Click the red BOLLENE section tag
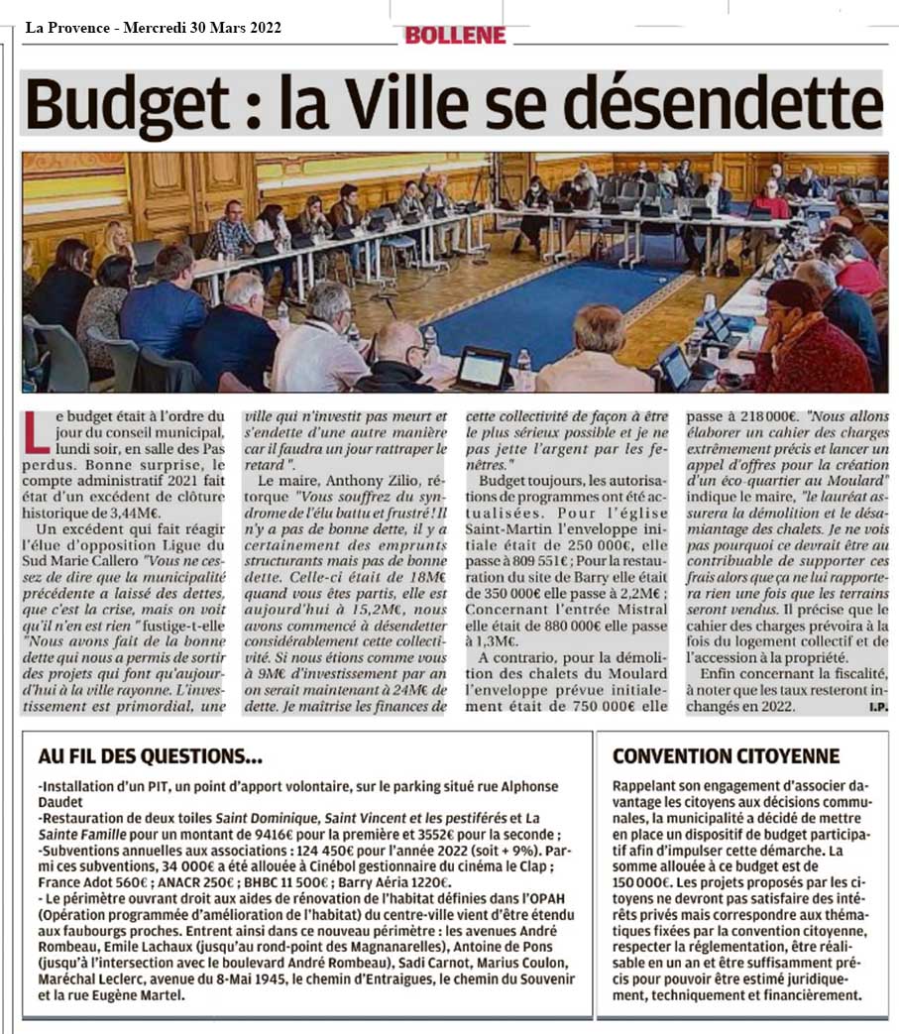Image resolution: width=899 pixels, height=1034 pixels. (455, 35)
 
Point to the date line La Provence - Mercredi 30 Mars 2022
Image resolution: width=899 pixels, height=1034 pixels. (153, 28)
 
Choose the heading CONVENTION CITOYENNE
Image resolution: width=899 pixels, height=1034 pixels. (726, 755)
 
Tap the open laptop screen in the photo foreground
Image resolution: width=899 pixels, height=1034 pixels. (483, 368)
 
